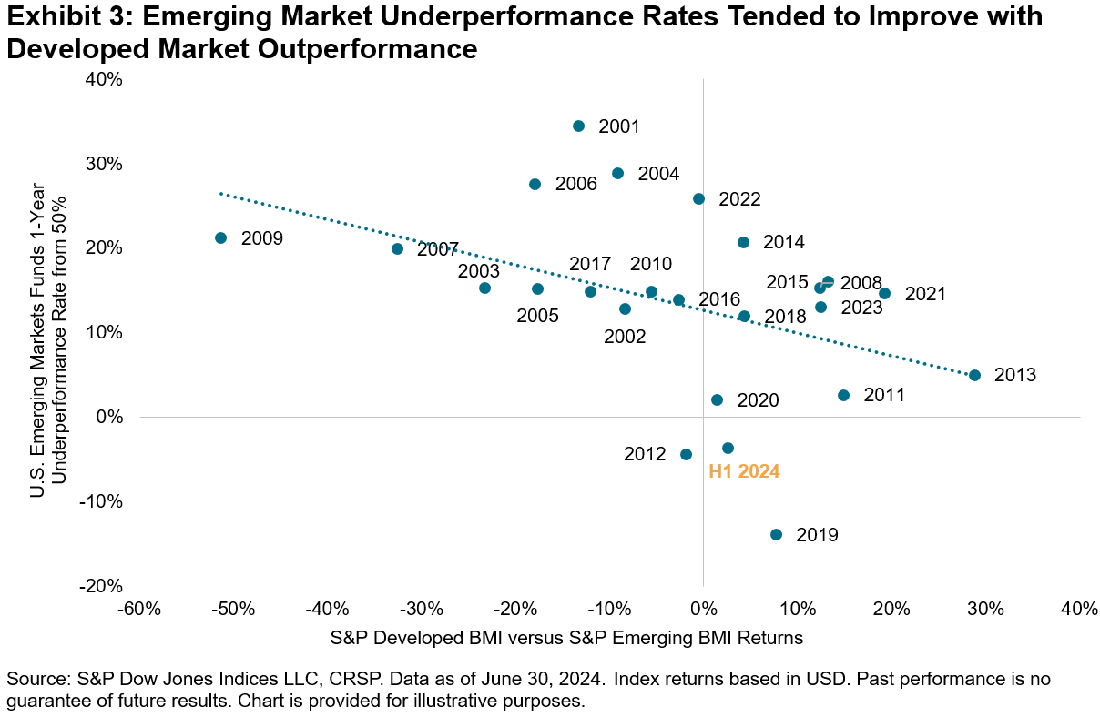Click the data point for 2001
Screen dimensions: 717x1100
(x=578, y=126)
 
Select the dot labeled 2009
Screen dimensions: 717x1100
(x=220, y=237)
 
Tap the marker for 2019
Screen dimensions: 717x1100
(x=776, y=534)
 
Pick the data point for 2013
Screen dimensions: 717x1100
(x=974, y=375)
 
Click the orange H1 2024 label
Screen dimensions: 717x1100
(x=744, y=472)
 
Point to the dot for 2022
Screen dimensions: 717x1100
(x=698, y=198)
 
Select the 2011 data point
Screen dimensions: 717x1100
(x=843, y=395)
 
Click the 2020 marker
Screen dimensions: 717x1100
(x=717, y=399)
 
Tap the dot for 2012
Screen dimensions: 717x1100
(x=686, y=454)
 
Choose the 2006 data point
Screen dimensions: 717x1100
(x=535, y=184)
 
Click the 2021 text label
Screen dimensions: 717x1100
(x=925, y=294)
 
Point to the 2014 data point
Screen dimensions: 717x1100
(x=743, y=242)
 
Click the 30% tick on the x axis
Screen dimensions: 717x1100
(x=985, y=609)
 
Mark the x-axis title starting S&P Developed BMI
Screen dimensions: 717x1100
(x=566, y=638)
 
